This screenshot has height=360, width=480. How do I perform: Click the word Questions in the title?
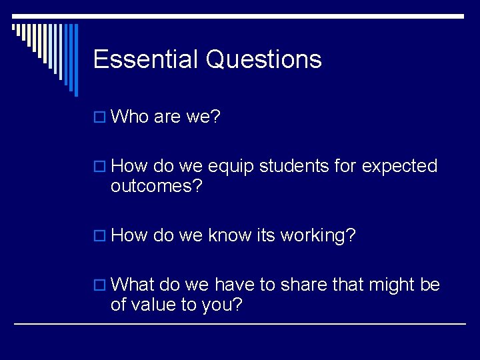tap(264, 60)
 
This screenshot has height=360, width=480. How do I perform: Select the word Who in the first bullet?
tap(130, 117)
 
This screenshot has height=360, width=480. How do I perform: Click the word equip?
tap(232, 167)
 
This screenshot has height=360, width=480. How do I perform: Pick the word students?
tap(293, 166)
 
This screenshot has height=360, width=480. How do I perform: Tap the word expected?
tap(399, 167)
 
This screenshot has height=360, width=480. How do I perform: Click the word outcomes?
tap(156, 186)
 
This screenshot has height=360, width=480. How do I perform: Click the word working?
tap(318, 236)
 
